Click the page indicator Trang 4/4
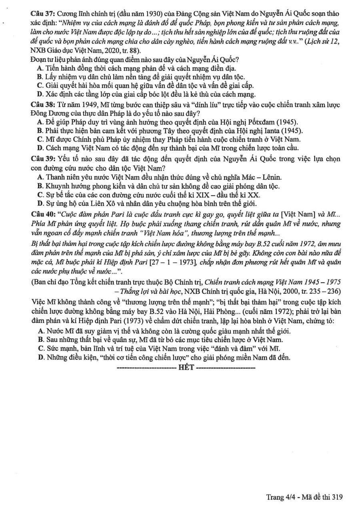click(280, 497)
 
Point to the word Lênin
click(272, 177)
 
